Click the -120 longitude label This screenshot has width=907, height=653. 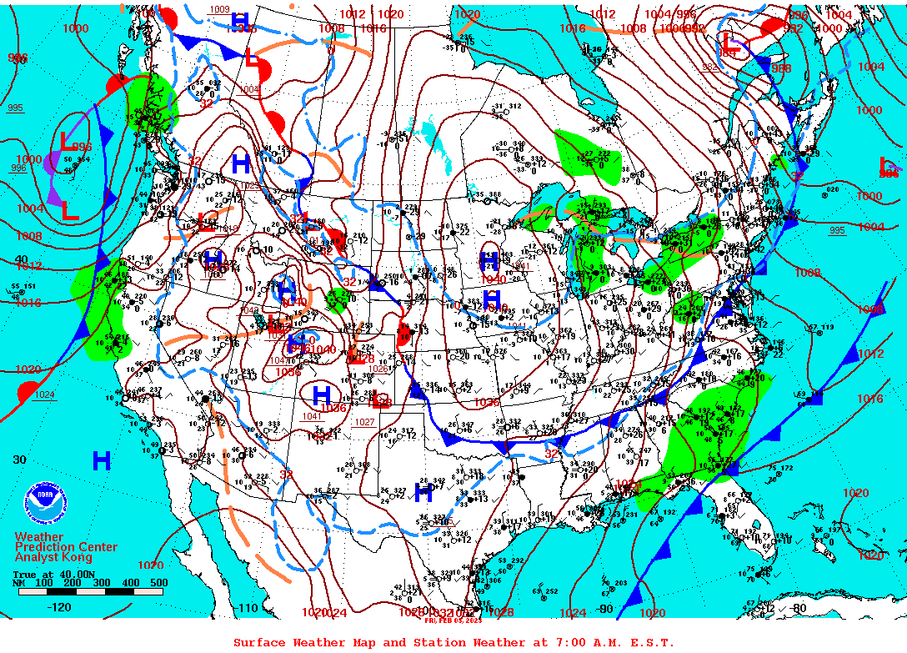coord(61,608)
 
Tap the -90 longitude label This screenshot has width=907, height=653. coord(605,609)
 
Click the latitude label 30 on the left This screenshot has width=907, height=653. coord(20,460)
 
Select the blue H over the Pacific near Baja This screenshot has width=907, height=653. coord(102,460)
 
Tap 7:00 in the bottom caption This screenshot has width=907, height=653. coord(562,642)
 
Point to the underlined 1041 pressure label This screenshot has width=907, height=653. coord(312,416)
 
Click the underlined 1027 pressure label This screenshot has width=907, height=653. coord(364,422)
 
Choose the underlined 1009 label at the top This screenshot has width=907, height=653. coord(219,9)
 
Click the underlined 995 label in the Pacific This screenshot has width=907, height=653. coord(15,108)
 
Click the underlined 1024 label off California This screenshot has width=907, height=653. coord(44,394)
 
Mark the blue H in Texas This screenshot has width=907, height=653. coord(424,492)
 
